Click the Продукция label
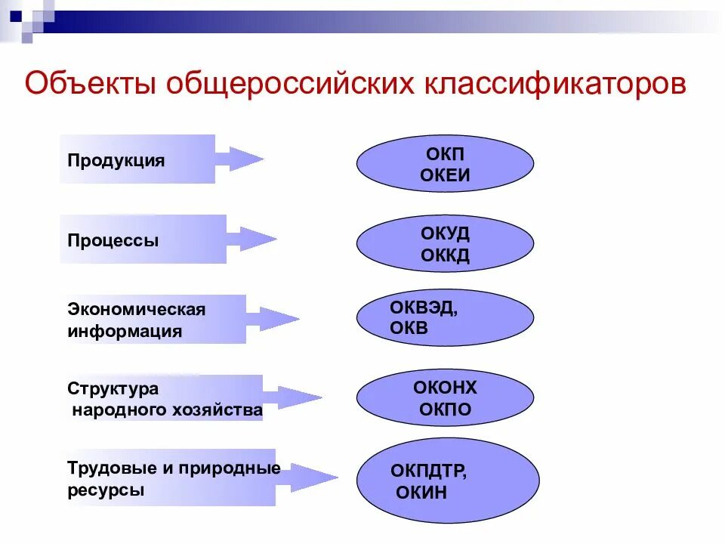tap(116, 161)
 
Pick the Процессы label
tap(113, 241)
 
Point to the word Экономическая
tap(137, 310)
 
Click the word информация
tap(125, 331)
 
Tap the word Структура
tap(113, 389)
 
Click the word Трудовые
tap(110, 468)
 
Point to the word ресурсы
tap(106, 490)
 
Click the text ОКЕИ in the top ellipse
tap(445, 175)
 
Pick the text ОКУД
tap(445, 233)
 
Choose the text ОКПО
tap(445, 410)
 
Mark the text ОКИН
tap(421, 493)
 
